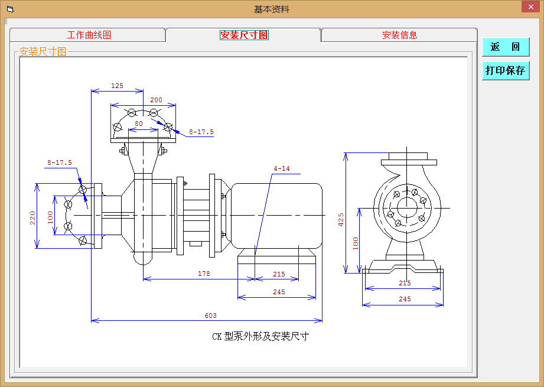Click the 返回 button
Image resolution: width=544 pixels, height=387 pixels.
[x=506, y=47]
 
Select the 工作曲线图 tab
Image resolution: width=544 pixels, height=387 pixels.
[x=89, y=35]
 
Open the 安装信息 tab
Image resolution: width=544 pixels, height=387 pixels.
[x=399, y=35]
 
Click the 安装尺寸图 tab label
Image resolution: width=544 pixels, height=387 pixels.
[x=244, y=35]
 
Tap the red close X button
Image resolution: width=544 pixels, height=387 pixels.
[x=531, y=6]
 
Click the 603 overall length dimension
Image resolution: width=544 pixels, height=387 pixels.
[x=211, y=316]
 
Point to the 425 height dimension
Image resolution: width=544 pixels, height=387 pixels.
[x=341, y=220]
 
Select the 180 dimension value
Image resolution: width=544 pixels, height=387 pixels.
[x=355, y=243]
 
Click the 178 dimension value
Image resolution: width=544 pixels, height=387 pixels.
[x=204, y=274]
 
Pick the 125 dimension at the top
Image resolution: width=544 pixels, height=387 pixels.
[x=118, y=86]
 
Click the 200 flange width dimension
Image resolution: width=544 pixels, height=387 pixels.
[x=156, y=100]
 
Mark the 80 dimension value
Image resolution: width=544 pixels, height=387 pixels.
[x=139, y=123]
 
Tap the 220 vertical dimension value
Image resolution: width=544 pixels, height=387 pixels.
[x=32, y=218]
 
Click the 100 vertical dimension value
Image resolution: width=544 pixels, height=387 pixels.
[x=50, y=217]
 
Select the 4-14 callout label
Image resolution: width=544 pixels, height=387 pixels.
[x=282, y=168]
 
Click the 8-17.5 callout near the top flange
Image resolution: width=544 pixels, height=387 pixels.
[x=201, y=132]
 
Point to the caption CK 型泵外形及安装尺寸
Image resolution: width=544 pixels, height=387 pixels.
[x=260, y=336]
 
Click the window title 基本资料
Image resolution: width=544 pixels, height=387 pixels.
[x=272, y=9]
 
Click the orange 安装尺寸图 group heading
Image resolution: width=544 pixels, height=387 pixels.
[x=43, y=52]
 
